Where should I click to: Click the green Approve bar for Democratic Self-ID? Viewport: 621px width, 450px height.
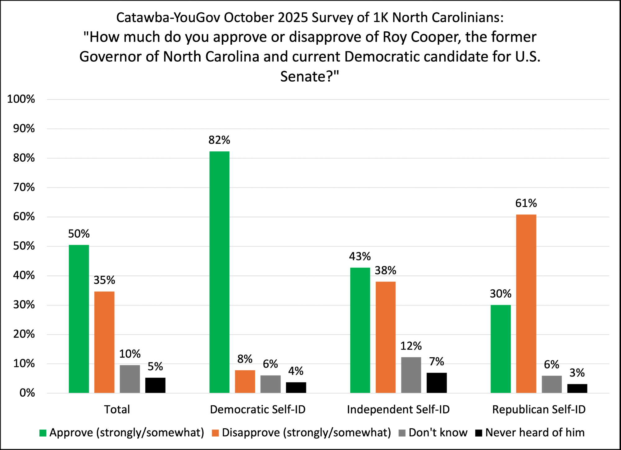point(219,272)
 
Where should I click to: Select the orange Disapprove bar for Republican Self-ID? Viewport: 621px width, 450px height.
point(526,304)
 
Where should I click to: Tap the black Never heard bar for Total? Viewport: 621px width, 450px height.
point(155,385)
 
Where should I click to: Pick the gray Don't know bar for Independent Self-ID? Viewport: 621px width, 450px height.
point(411,375)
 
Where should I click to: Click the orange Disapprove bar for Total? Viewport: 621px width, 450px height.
point(104,342)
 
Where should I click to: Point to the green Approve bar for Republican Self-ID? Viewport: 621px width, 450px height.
point(501,349)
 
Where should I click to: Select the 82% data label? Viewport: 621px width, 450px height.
point(219,140)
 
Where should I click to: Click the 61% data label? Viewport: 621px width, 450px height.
point(526,203)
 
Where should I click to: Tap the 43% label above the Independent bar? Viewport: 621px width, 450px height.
point(360,256)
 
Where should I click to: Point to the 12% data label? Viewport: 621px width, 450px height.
point(411,346)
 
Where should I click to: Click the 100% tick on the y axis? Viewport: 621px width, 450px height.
point(21,99)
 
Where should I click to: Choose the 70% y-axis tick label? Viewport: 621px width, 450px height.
point(24,187)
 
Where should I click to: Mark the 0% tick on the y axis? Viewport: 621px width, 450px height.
point(27,393)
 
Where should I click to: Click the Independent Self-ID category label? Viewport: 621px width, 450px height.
point(398,409)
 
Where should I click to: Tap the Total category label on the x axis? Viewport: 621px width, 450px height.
point(117,409)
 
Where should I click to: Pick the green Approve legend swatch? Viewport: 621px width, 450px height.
point(43,433)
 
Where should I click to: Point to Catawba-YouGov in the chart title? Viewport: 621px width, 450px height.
point(168,18)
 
